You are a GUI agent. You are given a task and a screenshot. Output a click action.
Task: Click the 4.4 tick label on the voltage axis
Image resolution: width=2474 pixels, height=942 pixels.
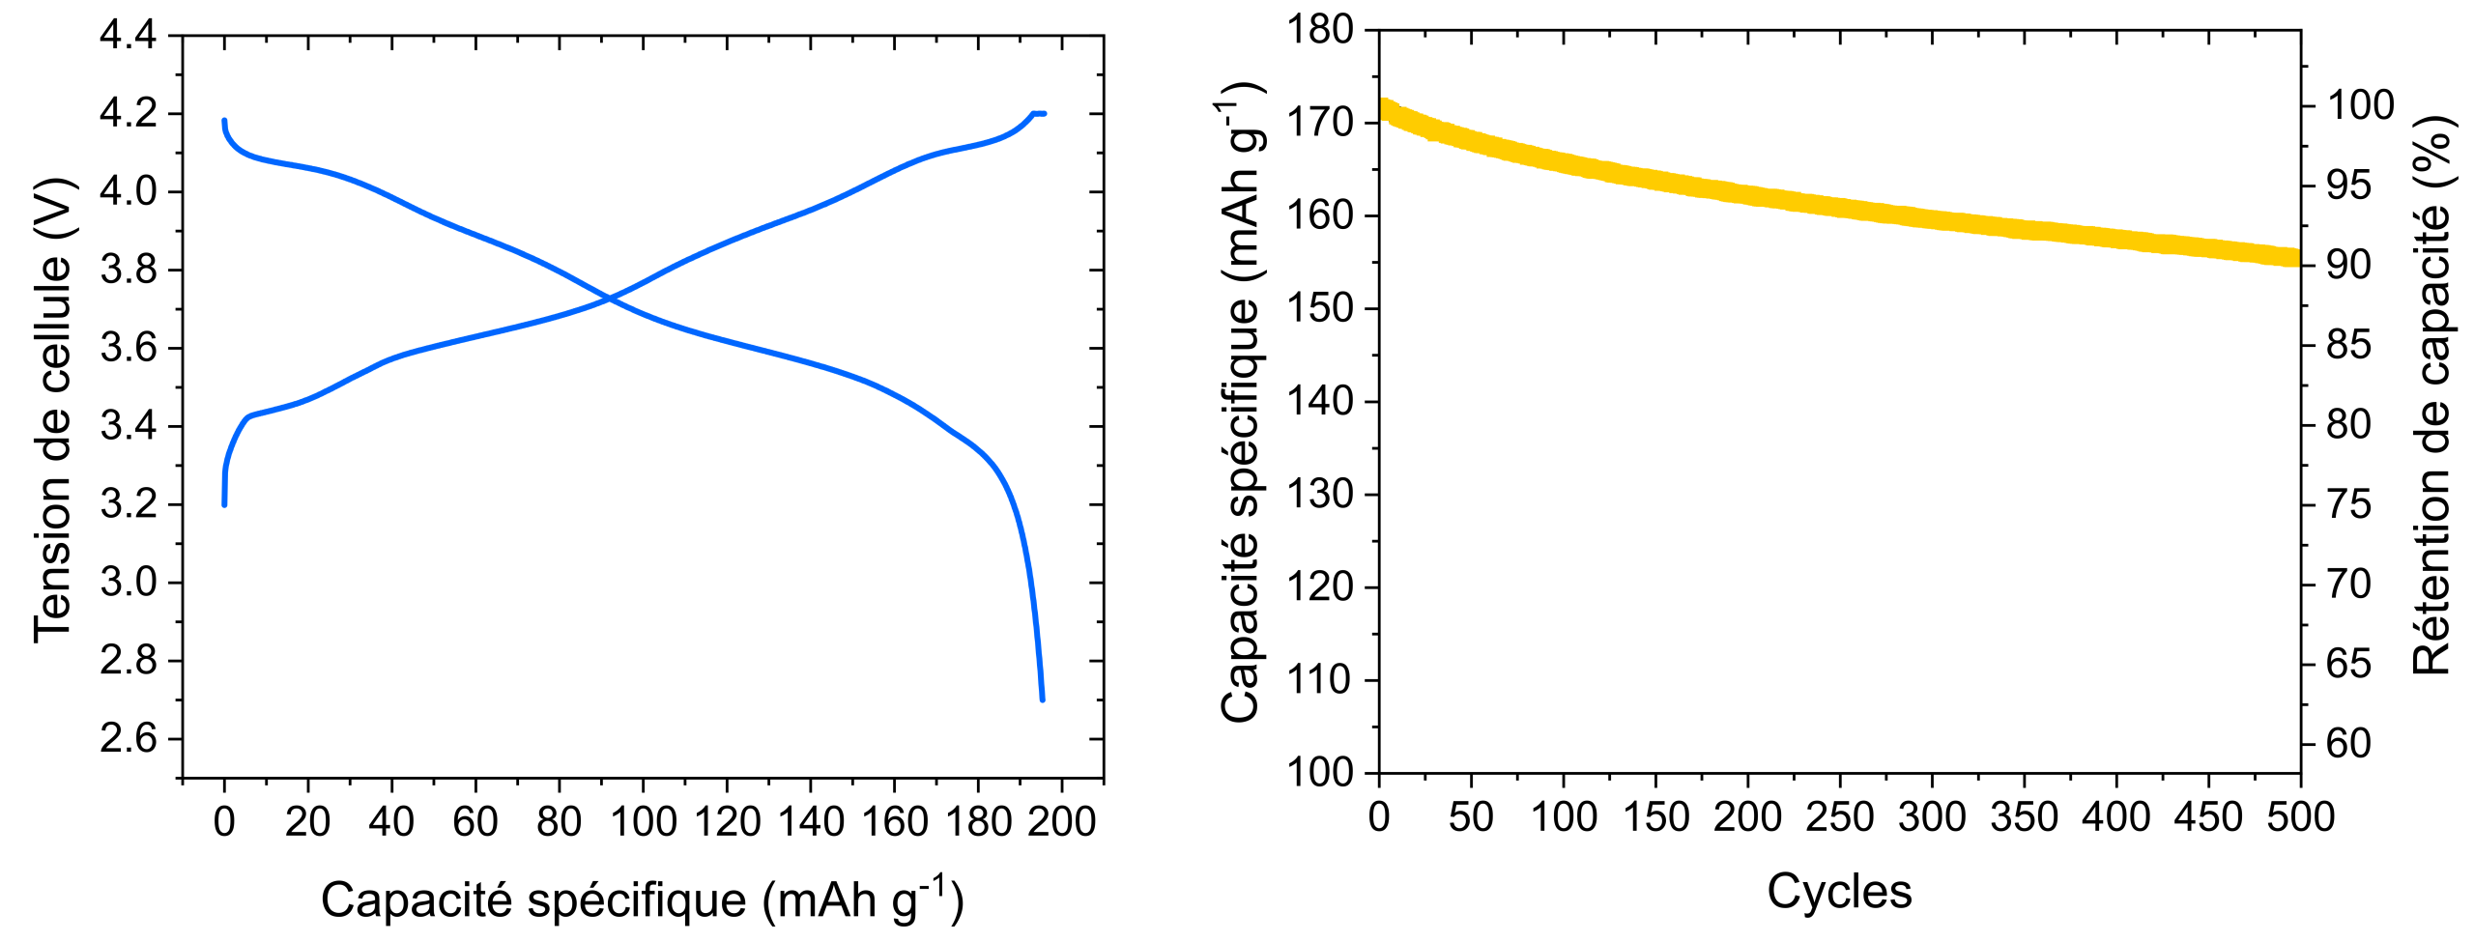pyautogui.click(x=128, y=36)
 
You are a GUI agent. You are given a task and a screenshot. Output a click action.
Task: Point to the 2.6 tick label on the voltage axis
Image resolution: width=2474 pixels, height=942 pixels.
pyautogui.click(x=128, y=739)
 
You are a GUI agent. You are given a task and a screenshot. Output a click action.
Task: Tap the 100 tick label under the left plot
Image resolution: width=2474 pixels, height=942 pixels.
pyautogui.click(x=643, y=822)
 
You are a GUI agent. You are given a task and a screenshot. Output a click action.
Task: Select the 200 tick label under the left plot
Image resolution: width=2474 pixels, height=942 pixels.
pyautogui.click(x=1061, y=822)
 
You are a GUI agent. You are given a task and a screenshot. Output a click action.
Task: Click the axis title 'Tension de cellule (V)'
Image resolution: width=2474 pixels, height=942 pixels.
pyautogui.click(x=52, y=411)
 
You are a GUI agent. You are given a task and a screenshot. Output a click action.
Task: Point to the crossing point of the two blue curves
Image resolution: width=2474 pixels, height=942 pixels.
pyautogui.click(x=610, y=299)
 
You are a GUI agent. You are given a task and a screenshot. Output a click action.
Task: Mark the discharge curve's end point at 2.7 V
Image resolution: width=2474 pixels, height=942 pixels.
pyautogui.click(x=1042, y=698)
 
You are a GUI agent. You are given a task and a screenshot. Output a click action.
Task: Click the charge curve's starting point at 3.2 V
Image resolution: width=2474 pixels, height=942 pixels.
pyautogui.click(x=224, y=503)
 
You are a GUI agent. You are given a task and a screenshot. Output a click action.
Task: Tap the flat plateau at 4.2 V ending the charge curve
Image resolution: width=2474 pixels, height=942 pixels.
pyautogui.click(x=1039, y=114)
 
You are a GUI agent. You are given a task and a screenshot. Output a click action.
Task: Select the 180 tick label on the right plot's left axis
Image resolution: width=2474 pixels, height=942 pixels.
pyautogui.click(x=1319, y=30)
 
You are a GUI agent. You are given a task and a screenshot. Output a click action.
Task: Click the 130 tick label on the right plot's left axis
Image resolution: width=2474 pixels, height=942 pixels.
pyautogui.click(x=1319, y=494)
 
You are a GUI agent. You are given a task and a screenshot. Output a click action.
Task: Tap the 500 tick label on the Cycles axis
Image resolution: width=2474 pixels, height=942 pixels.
pyautogui.click(x=2300, y=817)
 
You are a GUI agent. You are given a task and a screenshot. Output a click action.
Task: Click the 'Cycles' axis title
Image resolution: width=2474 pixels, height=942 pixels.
pyautogui.click(x=1839, y=891)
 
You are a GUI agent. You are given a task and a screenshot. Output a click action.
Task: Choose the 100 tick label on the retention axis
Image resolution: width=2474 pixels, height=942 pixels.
pyautogui.click(x=2360, y=104)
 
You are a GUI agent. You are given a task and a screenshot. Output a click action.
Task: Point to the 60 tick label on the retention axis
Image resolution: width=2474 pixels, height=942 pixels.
pyautogui.click(x=2348, y=743)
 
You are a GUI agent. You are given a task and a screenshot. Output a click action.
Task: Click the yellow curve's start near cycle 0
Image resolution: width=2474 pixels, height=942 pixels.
pyautogui.click(x=1384, y=108)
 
